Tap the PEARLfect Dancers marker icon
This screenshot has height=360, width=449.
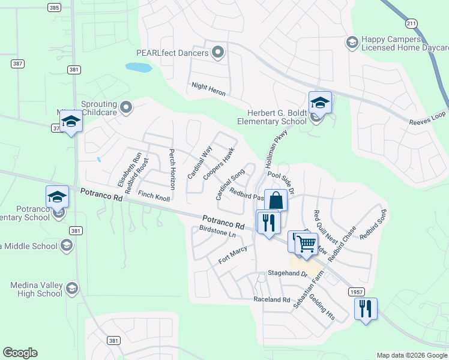tap(218, 53)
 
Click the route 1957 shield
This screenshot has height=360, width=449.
tap(355, 291)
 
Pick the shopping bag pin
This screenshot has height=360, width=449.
tap(276, 200)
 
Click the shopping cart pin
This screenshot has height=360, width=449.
tap(306, 243)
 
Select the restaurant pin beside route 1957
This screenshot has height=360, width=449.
tap(366, 309)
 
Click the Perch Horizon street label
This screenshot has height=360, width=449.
tap(172, 169)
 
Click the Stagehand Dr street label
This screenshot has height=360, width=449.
tap(288, 274)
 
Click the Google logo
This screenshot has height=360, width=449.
tap(20, 353)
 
